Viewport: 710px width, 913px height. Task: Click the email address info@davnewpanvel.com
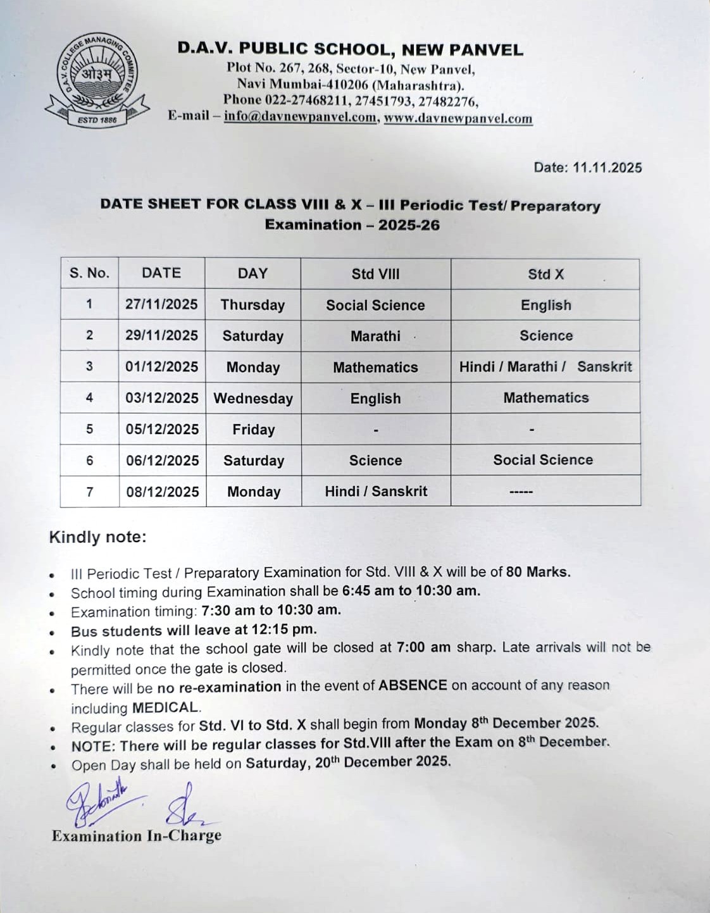300,117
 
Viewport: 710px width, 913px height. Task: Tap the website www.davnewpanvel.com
458,118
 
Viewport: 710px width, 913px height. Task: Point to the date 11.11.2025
607,168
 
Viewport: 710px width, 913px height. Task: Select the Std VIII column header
375,274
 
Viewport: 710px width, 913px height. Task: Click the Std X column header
545,274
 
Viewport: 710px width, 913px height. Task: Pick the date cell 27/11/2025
161,304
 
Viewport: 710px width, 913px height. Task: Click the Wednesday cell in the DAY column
253,399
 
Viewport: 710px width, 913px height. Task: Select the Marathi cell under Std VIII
375,336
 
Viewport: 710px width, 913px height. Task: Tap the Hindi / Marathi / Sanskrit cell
545,367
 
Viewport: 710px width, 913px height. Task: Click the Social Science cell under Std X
543,460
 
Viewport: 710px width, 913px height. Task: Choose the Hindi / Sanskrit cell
376,492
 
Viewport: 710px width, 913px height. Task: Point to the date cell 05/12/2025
162,430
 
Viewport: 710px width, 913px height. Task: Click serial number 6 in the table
89,461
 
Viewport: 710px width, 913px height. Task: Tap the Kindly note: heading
97,537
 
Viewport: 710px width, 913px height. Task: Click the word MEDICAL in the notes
166,707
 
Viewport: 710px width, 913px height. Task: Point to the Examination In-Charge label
137,836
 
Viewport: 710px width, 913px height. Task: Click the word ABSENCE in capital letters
413,685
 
